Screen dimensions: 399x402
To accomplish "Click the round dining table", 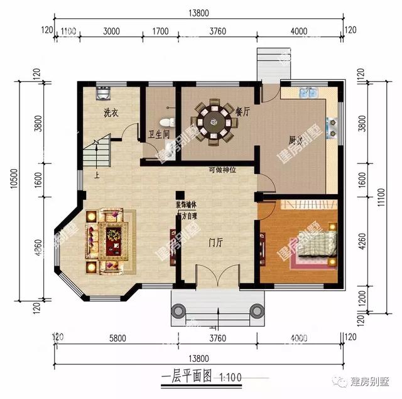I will (212, 119).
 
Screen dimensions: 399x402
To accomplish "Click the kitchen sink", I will (309, 93).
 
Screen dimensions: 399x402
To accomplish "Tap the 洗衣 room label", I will (112, 114).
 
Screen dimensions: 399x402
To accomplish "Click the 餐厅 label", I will (242, 111).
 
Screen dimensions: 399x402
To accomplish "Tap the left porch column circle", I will (179, 310).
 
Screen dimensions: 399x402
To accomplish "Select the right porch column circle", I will (256, 310).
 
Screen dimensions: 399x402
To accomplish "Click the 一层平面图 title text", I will (186, 378).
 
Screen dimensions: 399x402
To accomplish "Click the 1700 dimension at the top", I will (161, 31).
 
